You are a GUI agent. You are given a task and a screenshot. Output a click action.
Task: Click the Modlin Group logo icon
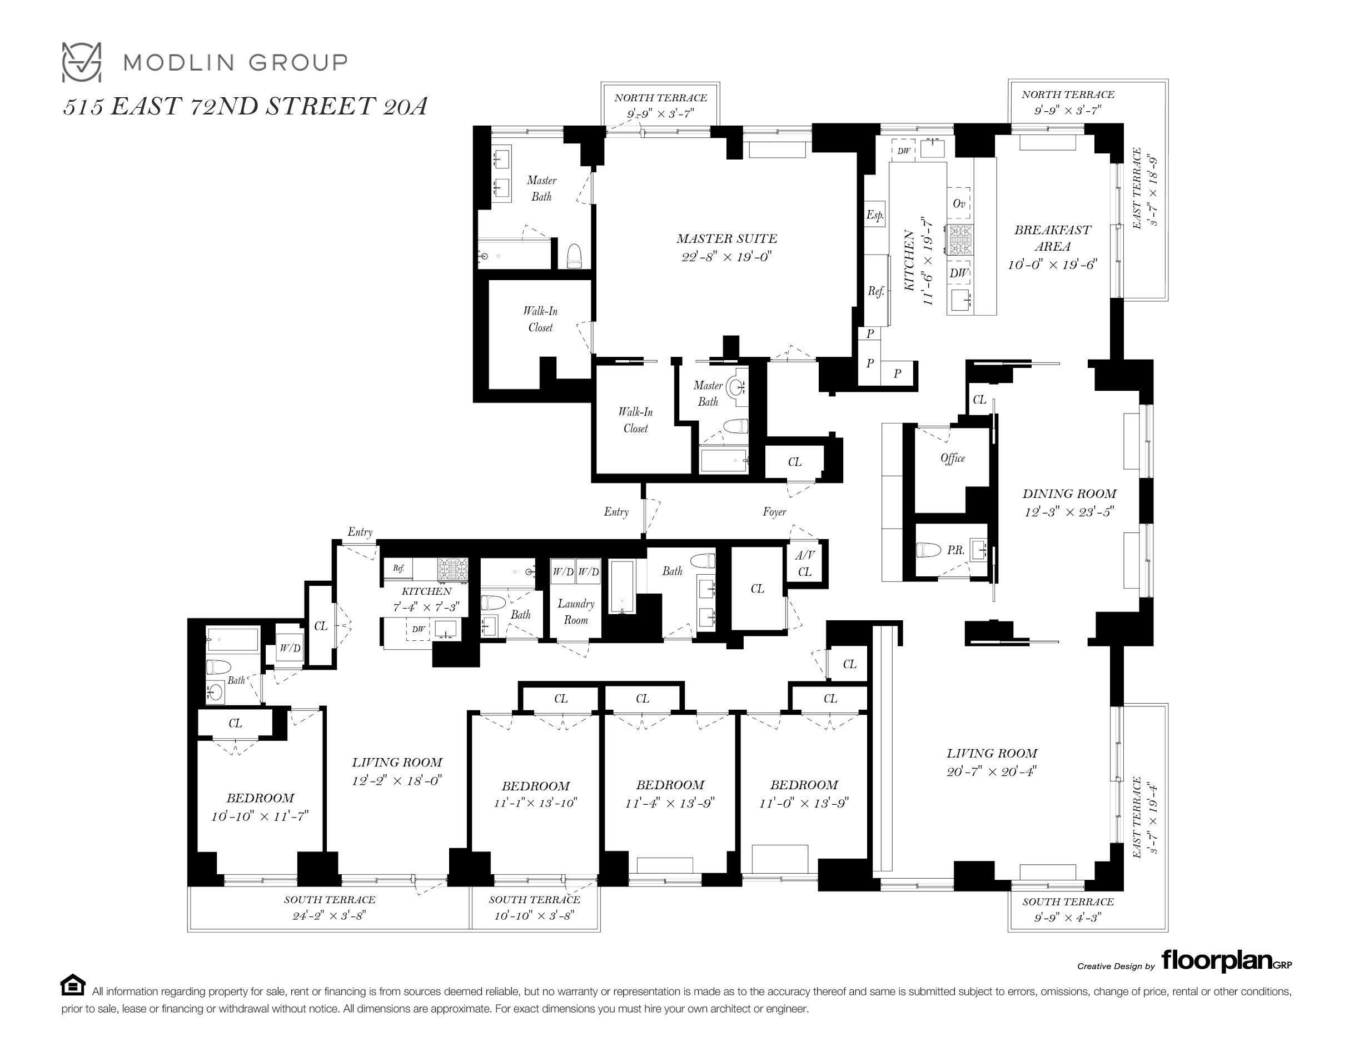coord(81,62)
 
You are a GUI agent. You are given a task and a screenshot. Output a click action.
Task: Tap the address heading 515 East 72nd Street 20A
coord(246,107)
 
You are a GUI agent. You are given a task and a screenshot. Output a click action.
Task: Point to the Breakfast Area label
coord(1052,238)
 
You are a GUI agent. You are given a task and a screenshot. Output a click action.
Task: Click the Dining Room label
coord(1069,494)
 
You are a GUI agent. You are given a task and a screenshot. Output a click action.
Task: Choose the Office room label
coord(952,458)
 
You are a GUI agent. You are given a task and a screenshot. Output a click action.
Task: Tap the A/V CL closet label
coord(805,564)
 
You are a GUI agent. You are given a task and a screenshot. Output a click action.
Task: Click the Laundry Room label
coord(576,612)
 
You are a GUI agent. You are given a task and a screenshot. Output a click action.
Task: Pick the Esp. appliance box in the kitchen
coord(875,215)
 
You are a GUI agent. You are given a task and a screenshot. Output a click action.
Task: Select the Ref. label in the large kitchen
coord(875,291)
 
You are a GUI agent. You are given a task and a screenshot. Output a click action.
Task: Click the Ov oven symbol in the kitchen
coord(958,203)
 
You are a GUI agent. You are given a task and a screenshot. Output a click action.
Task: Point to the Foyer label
coord(774,511)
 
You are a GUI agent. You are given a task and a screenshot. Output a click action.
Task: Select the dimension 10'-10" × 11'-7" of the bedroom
coord(260,816)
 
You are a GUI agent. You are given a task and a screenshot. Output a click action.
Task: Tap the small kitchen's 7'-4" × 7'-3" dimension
coord(426,608)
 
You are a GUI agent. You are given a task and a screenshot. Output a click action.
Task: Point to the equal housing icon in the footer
coord(72,985)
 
